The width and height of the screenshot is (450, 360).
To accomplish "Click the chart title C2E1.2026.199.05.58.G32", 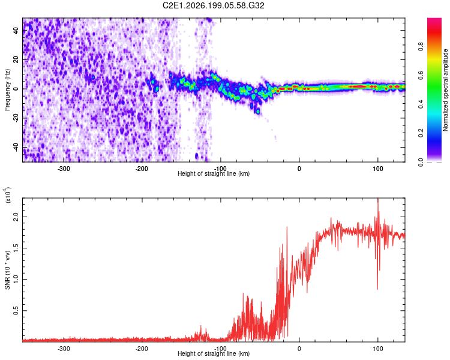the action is coord(213,5).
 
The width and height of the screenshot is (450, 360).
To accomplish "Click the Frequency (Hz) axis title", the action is coord(7,90).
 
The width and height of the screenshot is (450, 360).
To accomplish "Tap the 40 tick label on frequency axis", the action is coord(16,31).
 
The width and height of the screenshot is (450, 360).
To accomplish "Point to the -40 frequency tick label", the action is coord(16,147).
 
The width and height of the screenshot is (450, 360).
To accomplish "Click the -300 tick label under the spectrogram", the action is coord(64,169).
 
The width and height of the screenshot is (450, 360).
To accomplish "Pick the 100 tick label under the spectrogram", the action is coord(377,169).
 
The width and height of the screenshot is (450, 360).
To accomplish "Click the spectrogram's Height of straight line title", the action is coord(214,173).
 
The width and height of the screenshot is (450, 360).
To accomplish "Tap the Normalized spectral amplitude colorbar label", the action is coord(445,90).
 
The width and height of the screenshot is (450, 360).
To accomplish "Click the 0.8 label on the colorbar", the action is coord(421,47).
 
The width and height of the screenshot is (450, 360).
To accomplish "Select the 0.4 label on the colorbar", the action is coord(421,104).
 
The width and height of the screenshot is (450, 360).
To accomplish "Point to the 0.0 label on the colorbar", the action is coord(421,162).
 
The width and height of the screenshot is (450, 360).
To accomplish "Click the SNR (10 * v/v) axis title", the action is coord(7,270).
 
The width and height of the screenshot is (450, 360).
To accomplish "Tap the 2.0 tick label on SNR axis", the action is coord(16,217).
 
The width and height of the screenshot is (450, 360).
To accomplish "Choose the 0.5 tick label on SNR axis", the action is coord(16,310).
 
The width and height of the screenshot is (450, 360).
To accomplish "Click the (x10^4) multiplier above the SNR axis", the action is coord(8,195).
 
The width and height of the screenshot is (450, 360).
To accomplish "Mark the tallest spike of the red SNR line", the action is coord(378,199).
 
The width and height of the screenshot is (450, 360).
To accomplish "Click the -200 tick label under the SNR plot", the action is coord(142,349).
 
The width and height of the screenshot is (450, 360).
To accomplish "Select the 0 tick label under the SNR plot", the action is coord(299,349).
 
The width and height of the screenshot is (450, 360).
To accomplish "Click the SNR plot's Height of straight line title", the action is coord(214,353).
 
